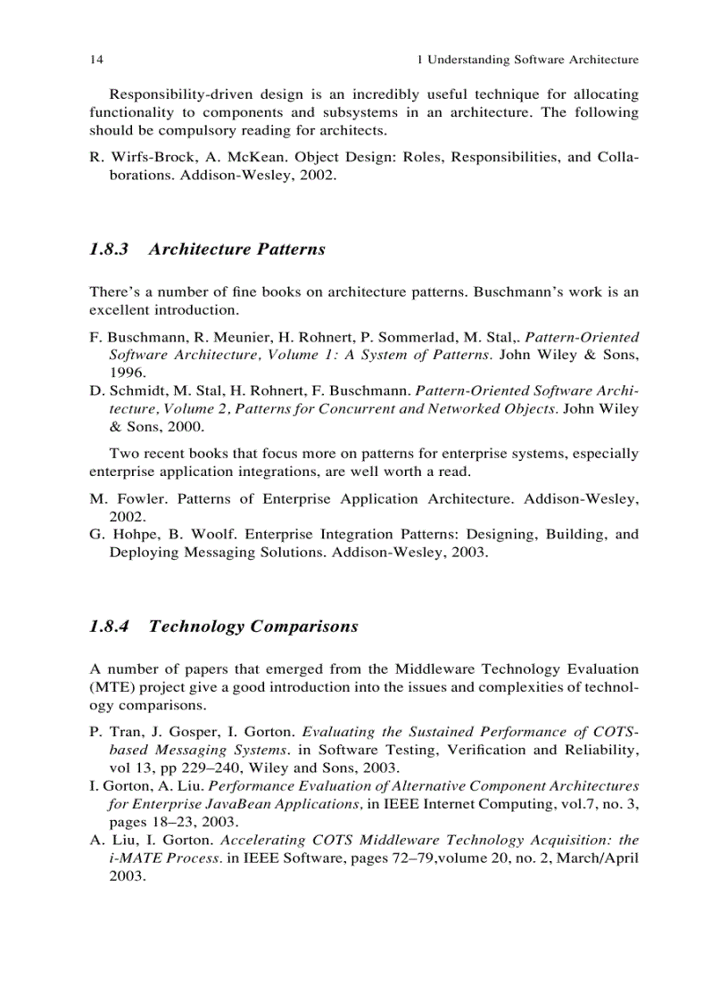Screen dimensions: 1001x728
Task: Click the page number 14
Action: click(x=96, y=61)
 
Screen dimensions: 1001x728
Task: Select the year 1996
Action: click(x=127, y=373)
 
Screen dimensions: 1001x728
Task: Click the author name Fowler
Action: click(x=143, y=500)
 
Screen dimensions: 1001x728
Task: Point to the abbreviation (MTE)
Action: click(x=111, y=687)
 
